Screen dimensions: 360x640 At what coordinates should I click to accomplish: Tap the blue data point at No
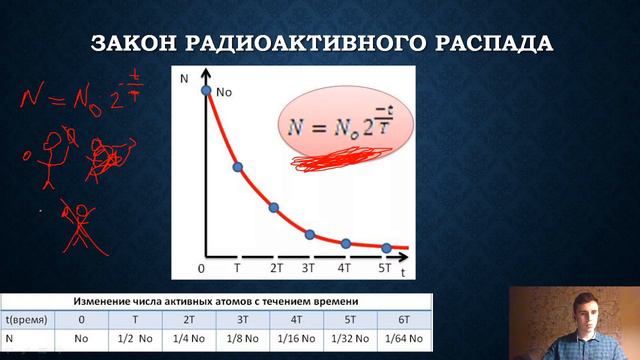pyautogui.click(x=207, y=91)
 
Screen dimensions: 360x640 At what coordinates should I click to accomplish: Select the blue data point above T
pyautogui.click(x=238, y=167)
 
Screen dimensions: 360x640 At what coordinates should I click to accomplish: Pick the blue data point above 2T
pyautogui.click(x=274, y=208)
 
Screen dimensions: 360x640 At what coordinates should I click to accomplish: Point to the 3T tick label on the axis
pyautogui.click(x=309, y=268)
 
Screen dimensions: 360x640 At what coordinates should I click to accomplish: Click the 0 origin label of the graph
pyautogui.click(x=202, y=268)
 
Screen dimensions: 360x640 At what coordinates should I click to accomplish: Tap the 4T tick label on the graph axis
pyautogui.click(x=345, y=268)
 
